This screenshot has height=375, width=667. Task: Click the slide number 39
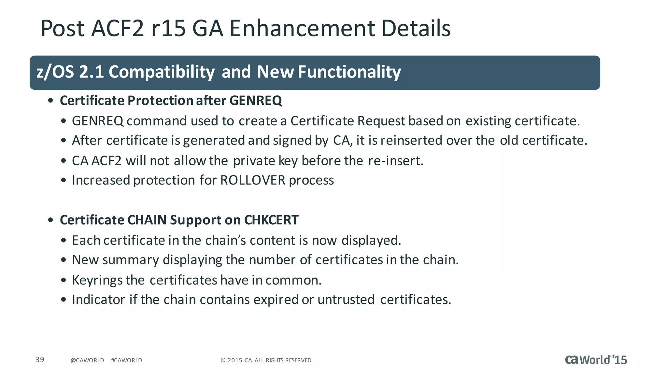pyautogui.click(x=40, y=359)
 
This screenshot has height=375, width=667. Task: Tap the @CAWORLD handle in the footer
pyautogui.click(x=87, y=360)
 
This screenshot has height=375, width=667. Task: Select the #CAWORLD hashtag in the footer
pyautogui.click(x=126, y=360)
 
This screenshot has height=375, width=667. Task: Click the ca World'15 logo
pyautogui.click(x=596, y=360)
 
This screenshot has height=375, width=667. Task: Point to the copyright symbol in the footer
pyautogui.click(x=223, y=360)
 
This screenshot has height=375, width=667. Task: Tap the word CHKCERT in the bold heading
pyautogui.click(x=271, y=220)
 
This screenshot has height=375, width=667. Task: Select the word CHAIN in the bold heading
pyautogui.click(x=147, y=220)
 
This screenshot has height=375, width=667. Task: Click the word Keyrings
pyautogui.click(x=97, y=280)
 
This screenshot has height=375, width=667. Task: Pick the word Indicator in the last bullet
pyautogui.click(x=98, y=300)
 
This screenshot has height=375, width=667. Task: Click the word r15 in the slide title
pyautogui.click(x=169, y=28)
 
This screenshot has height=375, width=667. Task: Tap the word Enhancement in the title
pyautogui.click(x=302, y=28)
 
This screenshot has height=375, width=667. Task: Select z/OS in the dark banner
pyautogui.click(x=55, y=72)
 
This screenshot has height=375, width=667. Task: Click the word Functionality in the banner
pyautogui.click(x=349, y=72)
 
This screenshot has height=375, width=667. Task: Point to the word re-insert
pyautogui.click(x=395, y=161)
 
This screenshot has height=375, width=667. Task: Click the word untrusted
pyautogui.click(x=346, y=300)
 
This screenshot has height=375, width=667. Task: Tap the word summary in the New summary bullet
pyautogui.click(x=131, y=260)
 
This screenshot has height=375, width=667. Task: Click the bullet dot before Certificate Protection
pyautogui.click(x=50, y=101)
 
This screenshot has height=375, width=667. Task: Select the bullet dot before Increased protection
pyautogui.click(x=64, y=181)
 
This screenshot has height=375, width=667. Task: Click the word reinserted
pyautogui.click(x=411, y=141)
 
